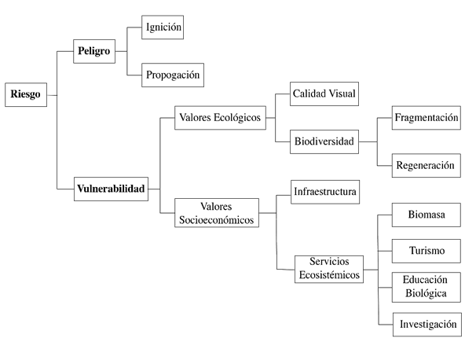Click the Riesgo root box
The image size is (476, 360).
pos(26,95)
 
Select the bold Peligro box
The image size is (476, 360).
pos(94,51)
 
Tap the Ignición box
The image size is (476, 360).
pos(163,28)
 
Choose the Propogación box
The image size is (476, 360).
pos(173,75)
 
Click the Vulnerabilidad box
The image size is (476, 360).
pos(111,189)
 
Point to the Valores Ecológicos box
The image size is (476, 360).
pos(220,118)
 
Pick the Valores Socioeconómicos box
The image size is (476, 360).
pos(217,213)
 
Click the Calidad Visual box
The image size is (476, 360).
pos(324,94)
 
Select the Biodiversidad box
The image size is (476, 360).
pos(324,141)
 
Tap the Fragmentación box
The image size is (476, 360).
pos(427,118)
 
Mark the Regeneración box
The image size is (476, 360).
pos(427,166)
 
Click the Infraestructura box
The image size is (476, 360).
pos(325,192)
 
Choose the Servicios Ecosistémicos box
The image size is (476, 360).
pos(329,269)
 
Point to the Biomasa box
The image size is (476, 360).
pos(427,215)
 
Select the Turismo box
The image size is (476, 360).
pos(427,251)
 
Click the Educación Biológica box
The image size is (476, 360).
pos(427,287)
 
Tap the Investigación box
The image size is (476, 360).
pos(427,325)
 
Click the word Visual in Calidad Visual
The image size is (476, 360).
pos(342,94)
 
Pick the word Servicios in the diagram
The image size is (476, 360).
pos(329,262)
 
